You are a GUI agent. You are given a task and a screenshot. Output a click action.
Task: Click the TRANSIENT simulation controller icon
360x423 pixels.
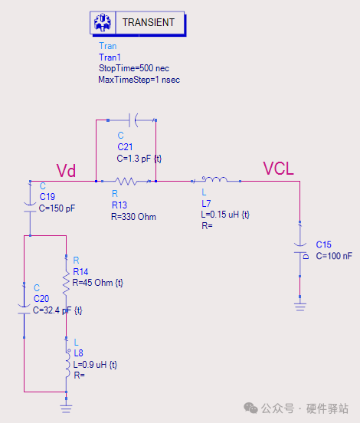coord(103,23)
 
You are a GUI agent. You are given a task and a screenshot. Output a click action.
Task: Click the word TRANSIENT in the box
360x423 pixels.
coord(149,22)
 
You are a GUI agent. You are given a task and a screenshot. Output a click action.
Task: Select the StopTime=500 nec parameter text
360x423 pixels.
coord(134,68)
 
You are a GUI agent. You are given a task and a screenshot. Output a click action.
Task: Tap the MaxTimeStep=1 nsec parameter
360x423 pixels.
coord(139,80)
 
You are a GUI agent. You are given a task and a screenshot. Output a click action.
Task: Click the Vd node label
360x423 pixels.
coord(66,170)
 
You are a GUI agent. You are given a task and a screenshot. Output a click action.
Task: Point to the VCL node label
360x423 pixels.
coord(278,169)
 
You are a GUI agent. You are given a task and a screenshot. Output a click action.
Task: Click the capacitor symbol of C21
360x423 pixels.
coord(133,120)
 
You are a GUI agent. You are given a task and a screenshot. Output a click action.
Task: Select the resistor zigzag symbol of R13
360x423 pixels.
coord(126,182)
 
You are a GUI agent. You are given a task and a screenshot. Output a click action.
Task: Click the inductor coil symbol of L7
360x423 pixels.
coord(214,179)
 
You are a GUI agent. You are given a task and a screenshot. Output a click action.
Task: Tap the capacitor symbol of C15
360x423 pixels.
coord(299,249)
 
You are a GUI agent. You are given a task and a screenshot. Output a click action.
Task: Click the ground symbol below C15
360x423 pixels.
coord(300,307)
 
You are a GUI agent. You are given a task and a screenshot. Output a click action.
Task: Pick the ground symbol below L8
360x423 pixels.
coord(67,409)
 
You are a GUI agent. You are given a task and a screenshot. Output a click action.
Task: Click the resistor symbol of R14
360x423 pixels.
coord(66,283)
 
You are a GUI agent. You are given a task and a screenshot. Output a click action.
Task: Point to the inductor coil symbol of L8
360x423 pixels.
coord(67,363)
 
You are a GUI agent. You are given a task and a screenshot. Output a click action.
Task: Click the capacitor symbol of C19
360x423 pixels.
coord(30,207)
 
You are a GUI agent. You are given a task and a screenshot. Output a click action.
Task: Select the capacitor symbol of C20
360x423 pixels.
coord(24,309)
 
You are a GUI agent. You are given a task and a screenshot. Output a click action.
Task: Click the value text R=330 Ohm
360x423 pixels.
coord(133,217)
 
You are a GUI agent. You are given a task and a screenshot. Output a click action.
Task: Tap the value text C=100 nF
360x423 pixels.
coord(334,256)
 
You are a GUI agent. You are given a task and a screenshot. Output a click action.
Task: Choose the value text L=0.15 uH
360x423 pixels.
coord(221,215)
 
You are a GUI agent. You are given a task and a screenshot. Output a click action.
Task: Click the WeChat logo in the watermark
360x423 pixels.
coord(250,408)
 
